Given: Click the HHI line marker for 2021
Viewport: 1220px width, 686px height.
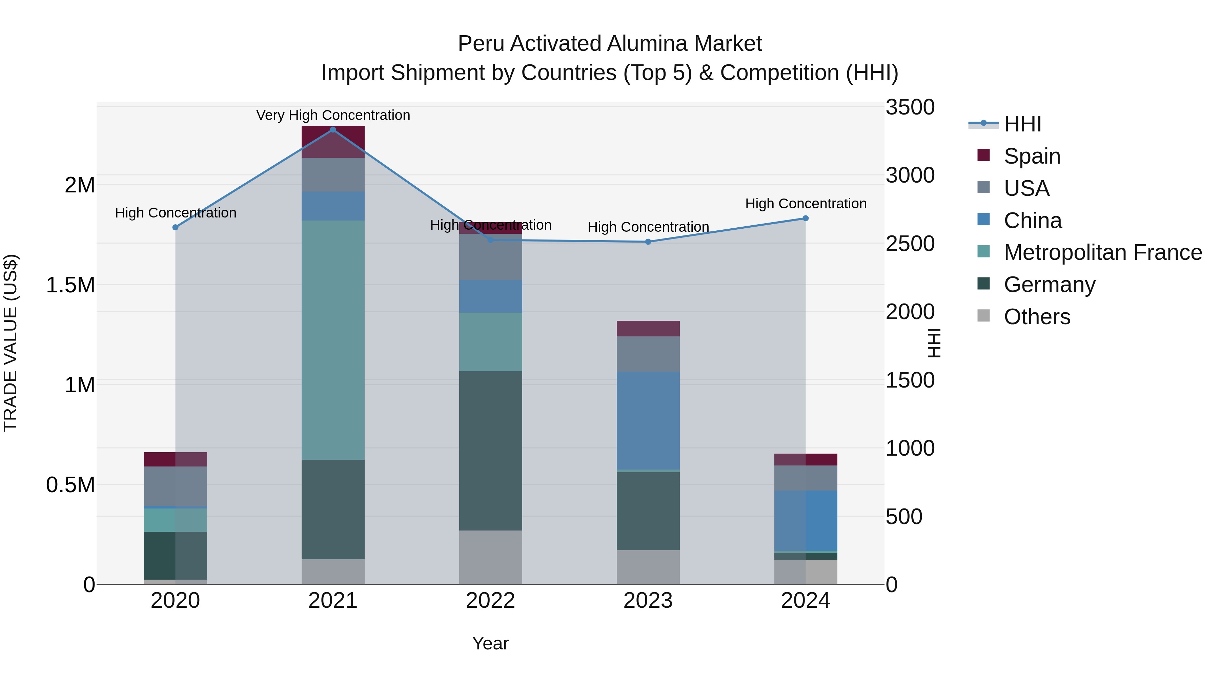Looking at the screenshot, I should pos(332,130).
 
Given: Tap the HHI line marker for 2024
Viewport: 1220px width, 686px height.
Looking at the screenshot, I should pos(805,218).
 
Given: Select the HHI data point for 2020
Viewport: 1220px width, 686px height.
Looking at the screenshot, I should pos(175,227).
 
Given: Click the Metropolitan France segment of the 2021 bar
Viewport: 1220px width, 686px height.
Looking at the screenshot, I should pos(333,339).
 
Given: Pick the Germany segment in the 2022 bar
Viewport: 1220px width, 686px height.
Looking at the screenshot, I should pos(491,450).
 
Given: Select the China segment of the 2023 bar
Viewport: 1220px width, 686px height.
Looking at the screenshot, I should pos(648,420).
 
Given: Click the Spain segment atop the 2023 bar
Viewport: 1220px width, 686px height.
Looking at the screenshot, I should pos(648,329).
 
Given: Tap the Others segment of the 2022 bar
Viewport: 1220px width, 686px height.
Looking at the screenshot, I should pos(491,557).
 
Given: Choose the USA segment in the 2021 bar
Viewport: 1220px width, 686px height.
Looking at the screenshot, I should pos(333,175).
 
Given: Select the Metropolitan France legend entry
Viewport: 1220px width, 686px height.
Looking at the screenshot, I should pos(1102,252).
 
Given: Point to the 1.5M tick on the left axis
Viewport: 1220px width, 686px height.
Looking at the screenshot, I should pos(70,285).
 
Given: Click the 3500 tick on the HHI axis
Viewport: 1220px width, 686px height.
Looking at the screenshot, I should pos(910,107).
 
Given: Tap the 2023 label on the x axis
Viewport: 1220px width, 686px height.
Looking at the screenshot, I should pos(648,601).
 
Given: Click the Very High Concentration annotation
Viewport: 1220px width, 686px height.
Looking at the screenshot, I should pos(333,115).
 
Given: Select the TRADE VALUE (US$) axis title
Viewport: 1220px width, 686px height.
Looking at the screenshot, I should pos(11,343).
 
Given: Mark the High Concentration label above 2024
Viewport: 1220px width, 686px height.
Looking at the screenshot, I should pos(806,204).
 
